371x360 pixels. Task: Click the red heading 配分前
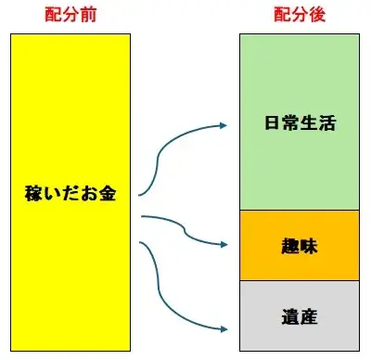click(70, 15)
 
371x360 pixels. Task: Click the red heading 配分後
click(300, 15)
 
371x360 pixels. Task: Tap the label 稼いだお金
click(70, 193)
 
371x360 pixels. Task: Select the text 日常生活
click(300, 122)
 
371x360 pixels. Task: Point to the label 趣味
click(300, 246)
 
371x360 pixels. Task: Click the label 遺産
click(300, 316)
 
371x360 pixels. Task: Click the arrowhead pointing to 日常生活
click(224, 125)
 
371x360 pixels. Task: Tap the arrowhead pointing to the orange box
click(224, 244)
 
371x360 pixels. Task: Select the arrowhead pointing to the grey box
click(224, 329)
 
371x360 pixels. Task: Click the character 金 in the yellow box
click(108, 193)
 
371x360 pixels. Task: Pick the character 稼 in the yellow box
click(33, 193)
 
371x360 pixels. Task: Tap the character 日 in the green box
click(273, 122)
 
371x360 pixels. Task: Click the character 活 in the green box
click(327, 122)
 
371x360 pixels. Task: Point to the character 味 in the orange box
click(309, 246)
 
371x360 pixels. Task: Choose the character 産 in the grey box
click(309, 316)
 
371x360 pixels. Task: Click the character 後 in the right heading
click(317, 15)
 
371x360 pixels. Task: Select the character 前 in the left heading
click(88, 15)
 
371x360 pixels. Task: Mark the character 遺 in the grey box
click(290, 316)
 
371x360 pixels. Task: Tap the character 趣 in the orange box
click(290, 246)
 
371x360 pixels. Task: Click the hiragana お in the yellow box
click(89, 193)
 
